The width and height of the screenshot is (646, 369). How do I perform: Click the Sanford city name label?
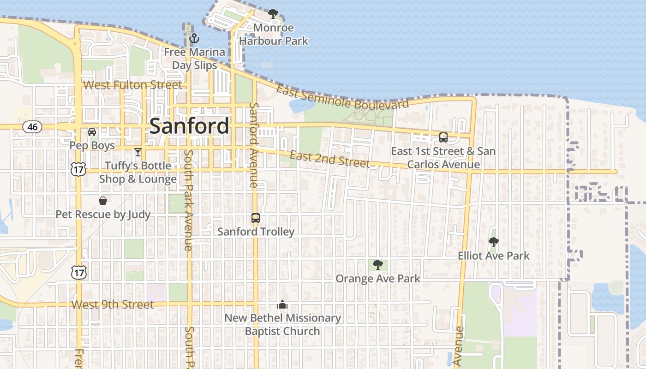click(189, 126)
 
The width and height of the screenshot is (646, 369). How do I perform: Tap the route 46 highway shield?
click(32, 127)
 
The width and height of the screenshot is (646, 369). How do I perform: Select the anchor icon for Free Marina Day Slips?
click(194, 38)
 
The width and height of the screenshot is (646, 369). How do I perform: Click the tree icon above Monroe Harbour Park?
click(273, 14)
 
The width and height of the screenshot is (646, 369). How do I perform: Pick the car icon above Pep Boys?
click(92, 132)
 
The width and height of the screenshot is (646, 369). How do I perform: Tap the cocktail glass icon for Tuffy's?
click(138, 152)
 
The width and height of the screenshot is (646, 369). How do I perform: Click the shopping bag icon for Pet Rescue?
click(103, 201)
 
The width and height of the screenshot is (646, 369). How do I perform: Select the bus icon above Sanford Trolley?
click(256, 218)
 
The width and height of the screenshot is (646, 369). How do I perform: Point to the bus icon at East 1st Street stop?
click(443, 137)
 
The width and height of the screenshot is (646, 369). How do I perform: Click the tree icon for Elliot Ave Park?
click(493, 242)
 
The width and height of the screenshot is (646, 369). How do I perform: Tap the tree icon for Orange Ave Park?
click(377, 264)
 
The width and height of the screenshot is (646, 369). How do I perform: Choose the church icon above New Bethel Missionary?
click(282, 304)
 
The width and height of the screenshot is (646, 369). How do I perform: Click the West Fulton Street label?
click(132, 85)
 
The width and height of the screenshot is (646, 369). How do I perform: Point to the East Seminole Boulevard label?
click(342, 97)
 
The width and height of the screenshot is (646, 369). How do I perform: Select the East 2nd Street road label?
click(329, 159)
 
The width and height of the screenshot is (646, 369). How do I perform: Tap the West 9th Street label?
click(113, 305)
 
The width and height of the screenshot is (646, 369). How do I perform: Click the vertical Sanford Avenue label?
click(253, 145)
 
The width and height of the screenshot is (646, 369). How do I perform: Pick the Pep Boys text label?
click(92, 145)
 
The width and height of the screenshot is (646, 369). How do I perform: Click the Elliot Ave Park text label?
click(493, 256)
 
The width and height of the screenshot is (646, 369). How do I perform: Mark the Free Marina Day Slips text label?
click(194, 59)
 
